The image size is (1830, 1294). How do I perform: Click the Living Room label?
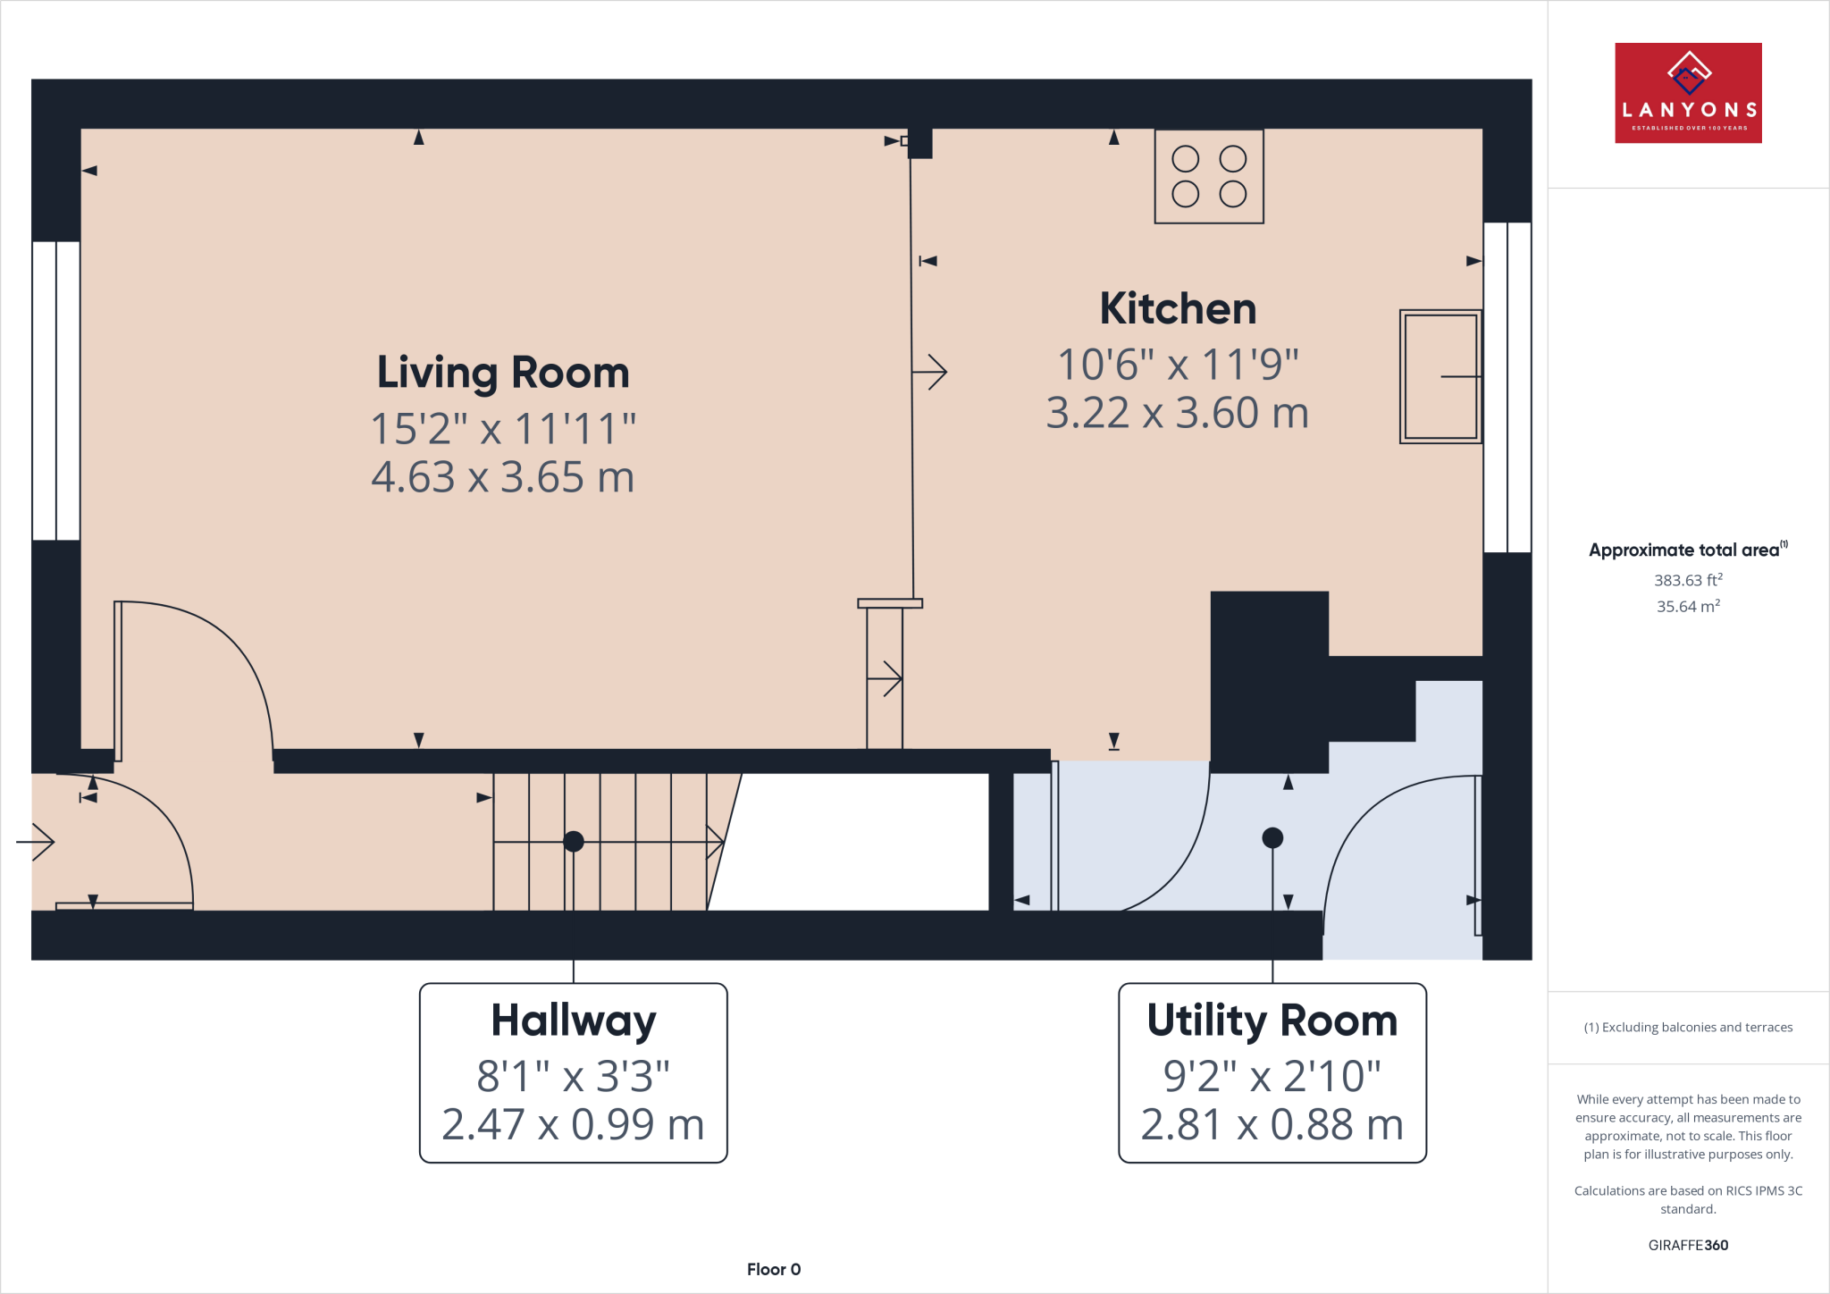[503, 374]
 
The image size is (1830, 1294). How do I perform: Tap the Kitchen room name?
[1178, 309]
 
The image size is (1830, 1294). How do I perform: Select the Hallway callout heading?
[573, 1021]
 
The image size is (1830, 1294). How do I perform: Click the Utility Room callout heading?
[1272, 1021]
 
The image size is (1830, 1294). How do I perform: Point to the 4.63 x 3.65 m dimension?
[503, 477]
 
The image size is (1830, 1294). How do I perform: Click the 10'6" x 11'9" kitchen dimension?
[1178, 365]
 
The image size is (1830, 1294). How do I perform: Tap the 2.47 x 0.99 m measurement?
[573, 1124]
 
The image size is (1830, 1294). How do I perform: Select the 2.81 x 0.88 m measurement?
[1272, 1124]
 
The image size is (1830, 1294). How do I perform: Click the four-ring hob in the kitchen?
[1208, 176]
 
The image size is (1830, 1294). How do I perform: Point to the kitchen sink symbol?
[1440, 376]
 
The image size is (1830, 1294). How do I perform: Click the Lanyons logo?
[1688, 93]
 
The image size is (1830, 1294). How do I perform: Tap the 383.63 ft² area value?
[1688, 580]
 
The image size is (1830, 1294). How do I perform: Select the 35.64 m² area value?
[1688, 607]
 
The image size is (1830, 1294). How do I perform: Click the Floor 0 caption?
[774, 1269]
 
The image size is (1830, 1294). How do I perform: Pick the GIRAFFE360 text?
[1688, 1245]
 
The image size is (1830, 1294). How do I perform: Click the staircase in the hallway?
[600, 842]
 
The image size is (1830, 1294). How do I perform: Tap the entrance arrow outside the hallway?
[36, 842]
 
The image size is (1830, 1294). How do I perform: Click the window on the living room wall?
[56, 391]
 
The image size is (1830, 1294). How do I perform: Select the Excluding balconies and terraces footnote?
[1688, 1028]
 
